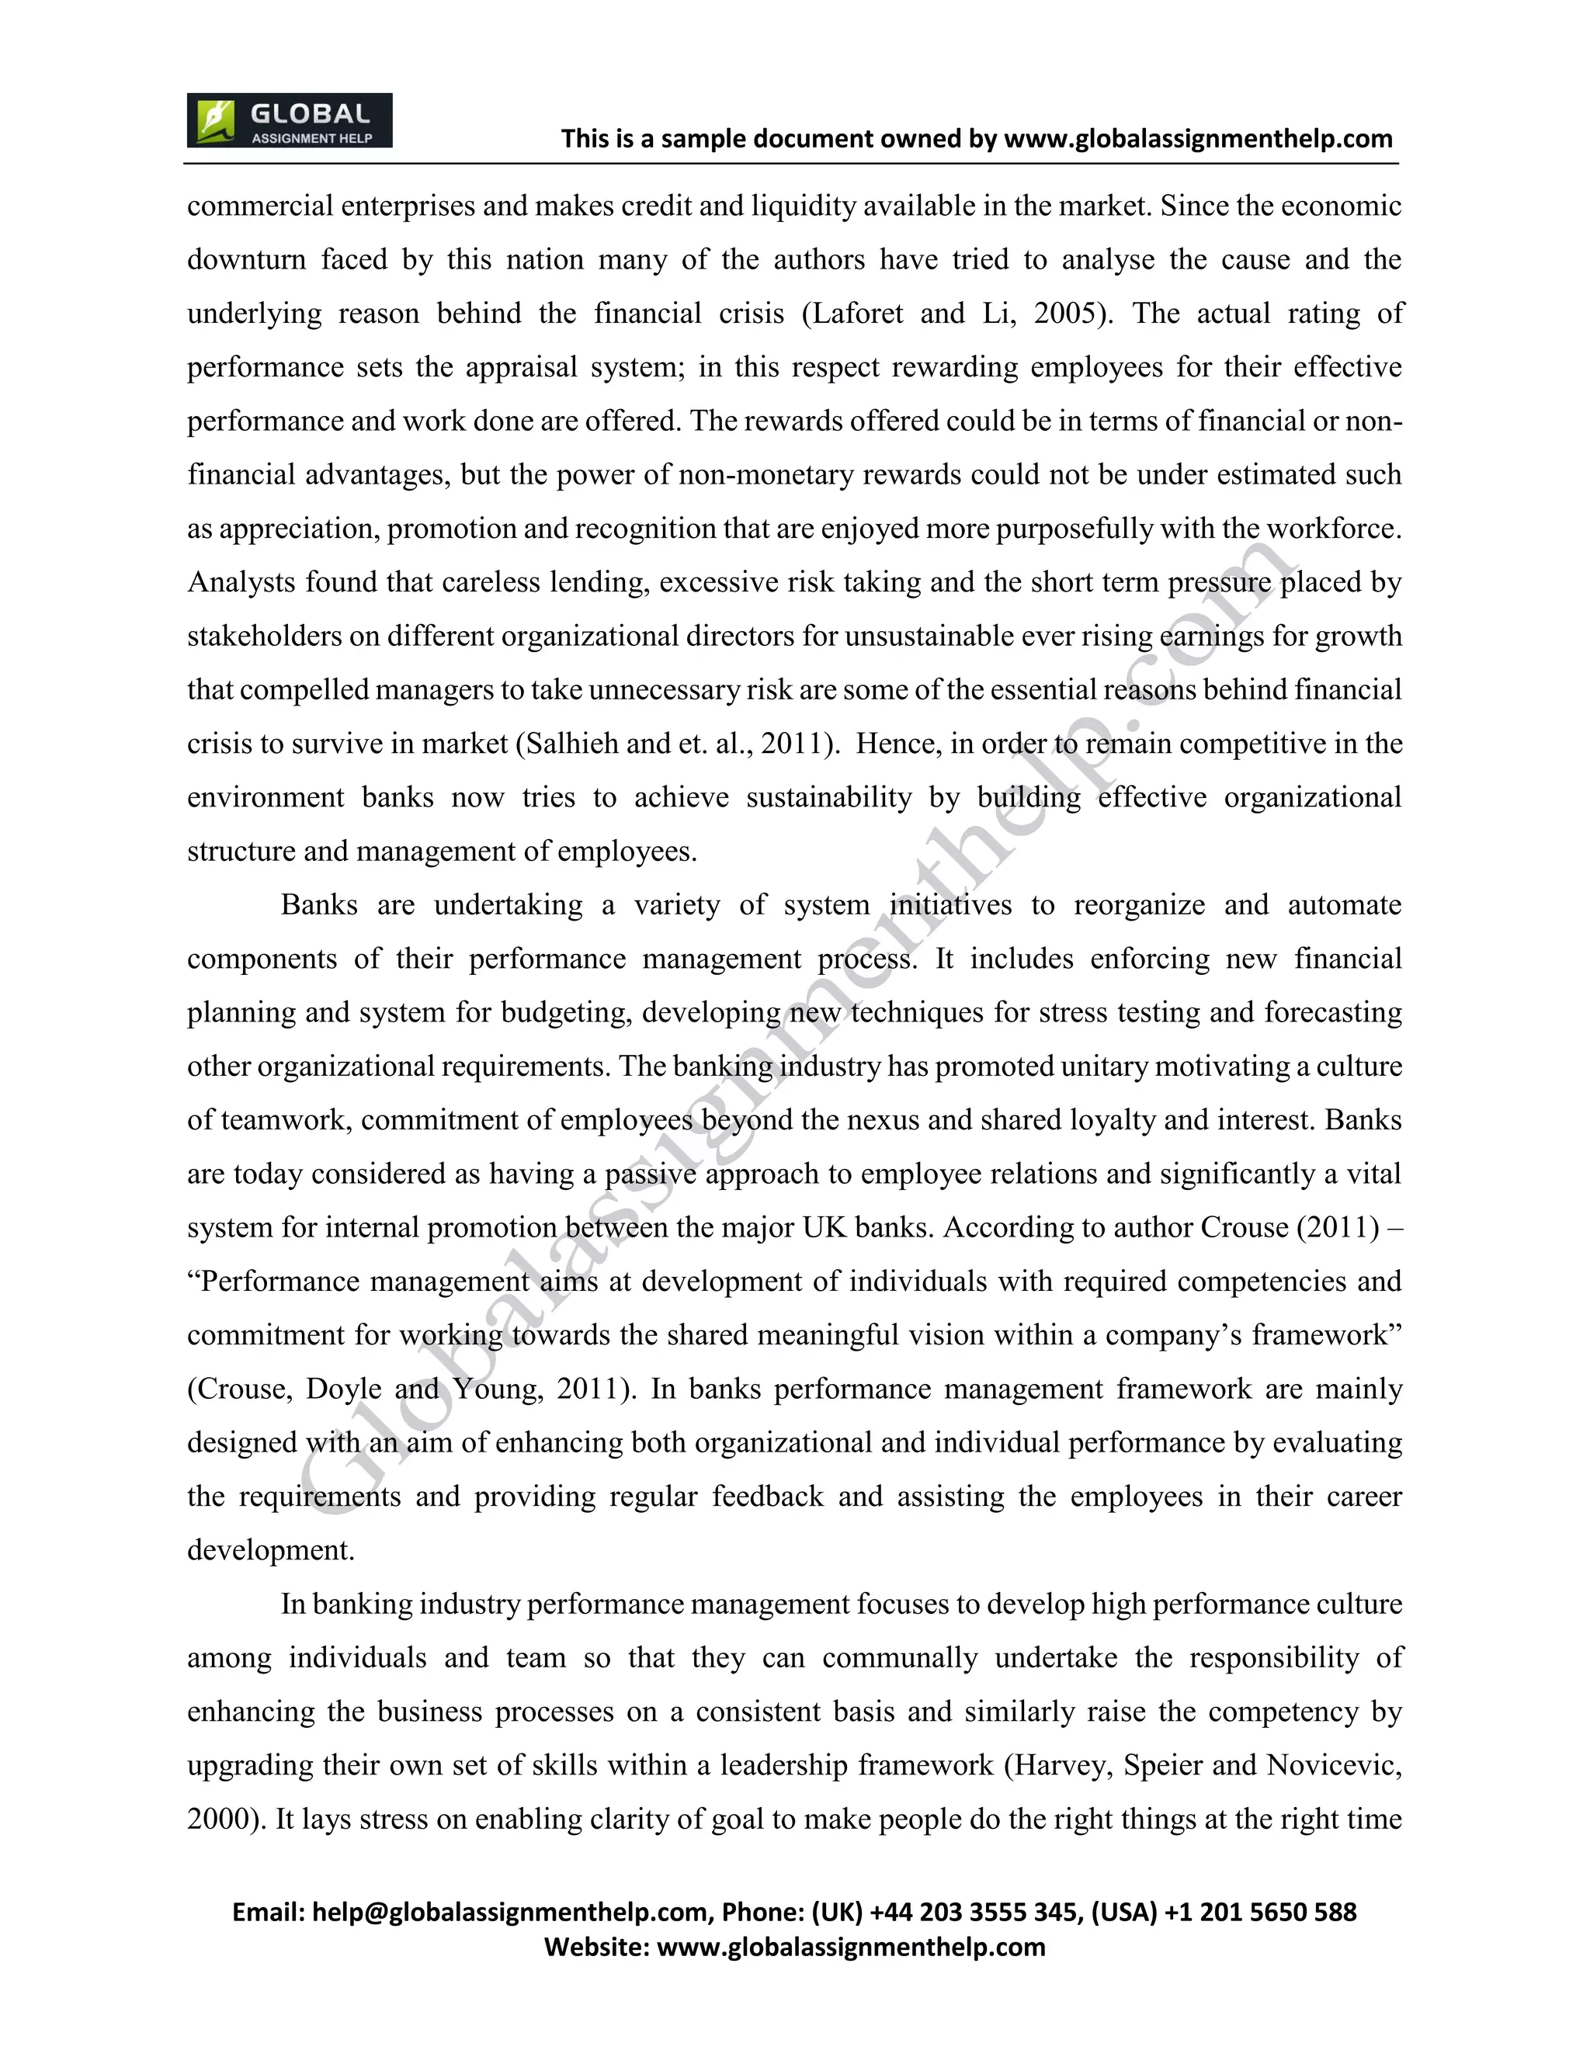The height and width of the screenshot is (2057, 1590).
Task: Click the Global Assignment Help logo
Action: [x=289, y=120]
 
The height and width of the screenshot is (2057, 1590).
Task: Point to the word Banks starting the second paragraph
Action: [x=318, y=905]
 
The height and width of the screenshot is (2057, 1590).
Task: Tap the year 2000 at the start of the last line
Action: [x=220, y=1819]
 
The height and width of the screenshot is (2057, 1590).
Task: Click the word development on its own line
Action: [x=269, y=1550]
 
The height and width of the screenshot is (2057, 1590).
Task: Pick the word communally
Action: [x=900, y=1658]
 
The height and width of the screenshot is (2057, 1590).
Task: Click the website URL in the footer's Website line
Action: [x=851, y=1947]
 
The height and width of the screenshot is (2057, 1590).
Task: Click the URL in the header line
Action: [x=1198, y=140]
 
